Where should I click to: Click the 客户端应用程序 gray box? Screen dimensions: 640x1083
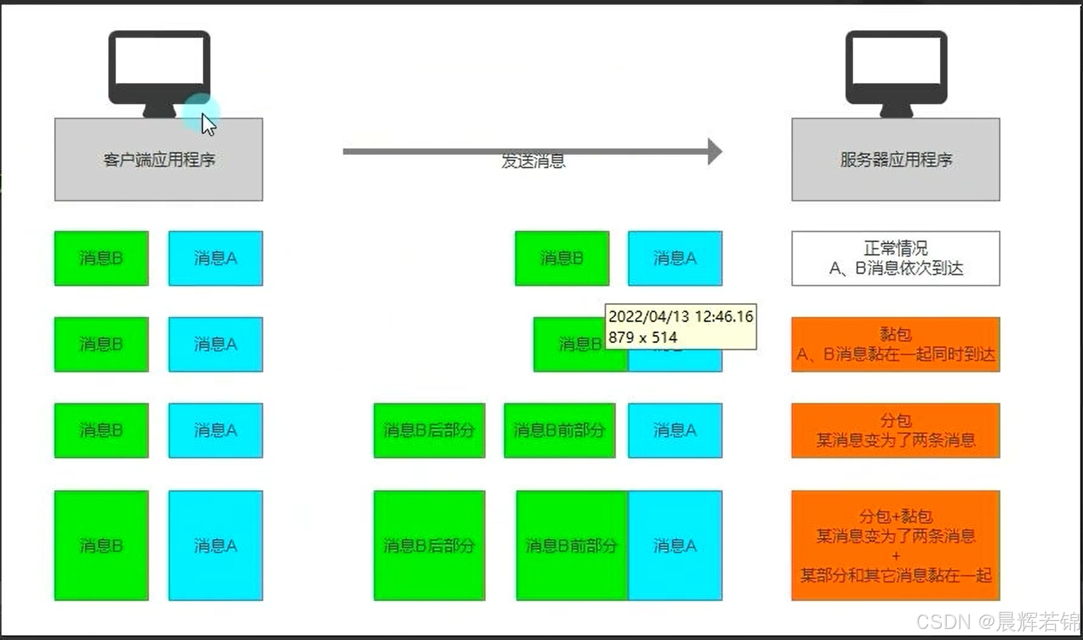pos(158,159)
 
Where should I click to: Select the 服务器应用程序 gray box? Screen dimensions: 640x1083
pos(895,159)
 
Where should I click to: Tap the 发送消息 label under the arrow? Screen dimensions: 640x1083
pos(533,161)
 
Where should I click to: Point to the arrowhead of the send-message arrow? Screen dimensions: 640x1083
pos(714,151)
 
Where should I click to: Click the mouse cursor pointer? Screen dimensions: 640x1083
pos(208,124)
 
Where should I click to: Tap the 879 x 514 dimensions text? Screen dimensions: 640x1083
pos(643,338)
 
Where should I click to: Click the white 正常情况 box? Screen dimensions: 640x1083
pos(895,258)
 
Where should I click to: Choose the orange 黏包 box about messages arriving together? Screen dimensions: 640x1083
pos(895,344)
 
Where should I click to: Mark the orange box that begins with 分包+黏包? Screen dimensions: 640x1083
pos(895,545)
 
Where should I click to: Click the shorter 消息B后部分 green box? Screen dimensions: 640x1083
pos(429,430)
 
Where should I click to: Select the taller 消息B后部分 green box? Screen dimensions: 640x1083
pos(429,545)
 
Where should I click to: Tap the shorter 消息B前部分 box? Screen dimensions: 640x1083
pos(559,430)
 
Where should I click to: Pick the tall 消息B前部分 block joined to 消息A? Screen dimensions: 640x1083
pos(571,545)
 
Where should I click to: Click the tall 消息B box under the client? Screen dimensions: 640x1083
pos(101,545)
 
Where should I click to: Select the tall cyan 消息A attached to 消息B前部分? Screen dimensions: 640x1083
pos(674,545)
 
